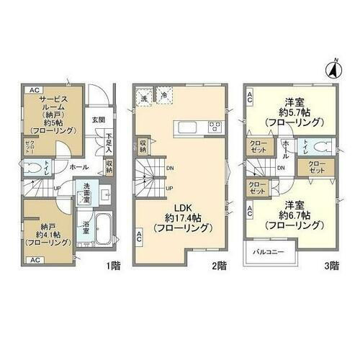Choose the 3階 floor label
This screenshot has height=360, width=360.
[x=332, y=265]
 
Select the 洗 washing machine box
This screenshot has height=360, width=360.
[x=145, y=96]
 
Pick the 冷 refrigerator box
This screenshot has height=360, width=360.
[x=164, y=96]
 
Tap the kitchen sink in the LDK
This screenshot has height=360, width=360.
[x=185, y=127]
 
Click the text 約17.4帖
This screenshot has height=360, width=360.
[x=181, y=217]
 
